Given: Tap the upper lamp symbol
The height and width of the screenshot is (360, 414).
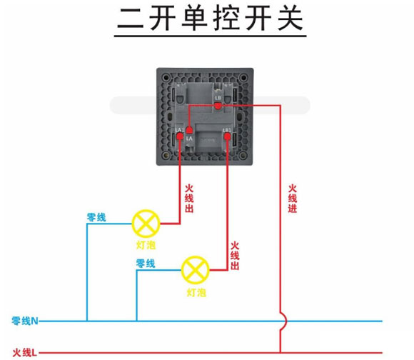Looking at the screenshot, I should pos(146,224).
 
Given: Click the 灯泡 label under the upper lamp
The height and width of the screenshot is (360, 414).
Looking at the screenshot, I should pos(146,245).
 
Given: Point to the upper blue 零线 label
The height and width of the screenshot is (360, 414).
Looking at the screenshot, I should pos(96,216).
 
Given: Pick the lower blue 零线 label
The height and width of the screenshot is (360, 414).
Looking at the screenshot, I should pos(146,264).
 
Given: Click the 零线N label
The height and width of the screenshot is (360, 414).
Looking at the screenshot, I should pos(25,321).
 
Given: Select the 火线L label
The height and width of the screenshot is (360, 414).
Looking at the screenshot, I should pos(25,352).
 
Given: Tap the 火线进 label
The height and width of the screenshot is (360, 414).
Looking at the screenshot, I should pos(293,199).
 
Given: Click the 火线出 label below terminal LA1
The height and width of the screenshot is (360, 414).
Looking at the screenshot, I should pos(189,199).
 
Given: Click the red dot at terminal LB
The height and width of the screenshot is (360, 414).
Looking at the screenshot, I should pos(218,106).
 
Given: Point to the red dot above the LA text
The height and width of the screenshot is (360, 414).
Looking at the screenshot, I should pos(190,130).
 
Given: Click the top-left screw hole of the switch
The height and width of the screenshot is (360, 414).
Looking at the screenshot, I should pos(166,77).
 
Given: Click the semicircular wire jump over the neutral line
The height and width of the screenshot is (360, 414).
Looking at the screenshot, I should pos(283,321).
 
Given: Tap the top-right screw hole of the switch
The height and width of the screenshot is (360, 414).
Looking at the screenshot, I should pos(243,77).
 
